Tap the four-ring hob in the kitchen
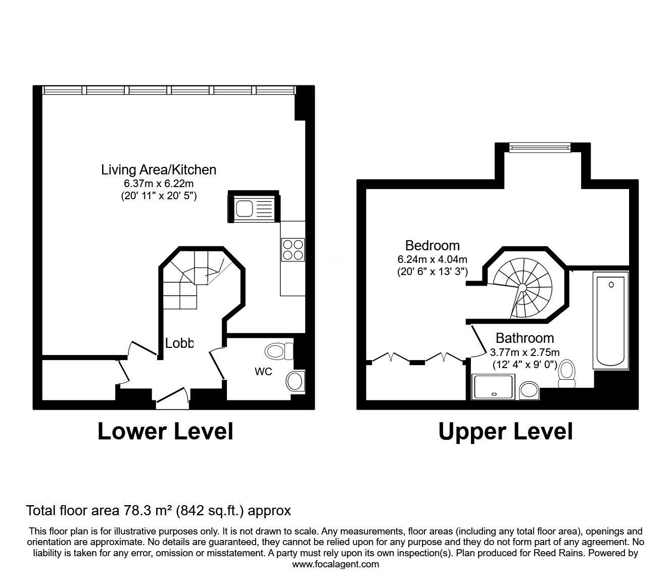[x=293, y=249]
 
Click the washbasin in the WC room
[x=295, y=381]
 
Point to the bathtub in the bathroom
[x=612, y=320]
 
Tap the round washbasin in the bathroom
[x=529, y=390]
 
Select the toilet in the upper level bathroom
[x=566, y=373]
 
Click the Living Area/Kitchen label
[x=159, y=169]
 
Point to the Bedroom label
[x=433, y=246]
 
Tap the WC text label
[x=263, y=372]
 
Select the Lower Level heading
[x=165, y=431]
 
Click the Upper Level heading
[x=505, y=432]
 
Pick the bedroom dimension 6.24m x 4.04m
[x=433, y=259]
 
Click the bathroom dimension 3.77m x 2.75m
[x=525, y=352]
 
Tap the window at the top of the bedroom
[x=540, y=147]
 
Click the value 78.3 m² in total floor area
[x=147, y=511]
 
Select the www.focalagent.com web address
[x=335, y=564]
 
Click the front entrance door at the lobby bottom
[x=172, y=397]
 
